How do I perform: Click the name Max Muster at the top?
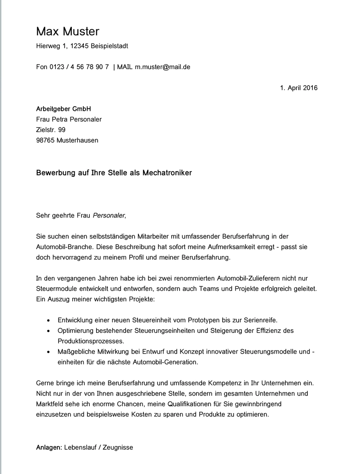(x=68, y=31)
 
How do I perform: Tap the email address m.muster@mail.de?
(x=162, y=67)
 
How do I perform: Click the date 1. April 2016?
(x=299, y=88)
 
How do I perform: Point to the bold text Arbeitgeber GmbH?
(x=64, y=109)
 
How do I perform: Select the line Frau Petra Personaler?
(x=69, y=120)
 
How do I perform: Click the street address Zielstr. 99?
(x=50, y=130)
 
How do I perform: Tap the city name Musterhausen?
(x=77, y=141)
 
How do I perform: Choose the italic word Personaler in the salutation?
(x=109, y=215)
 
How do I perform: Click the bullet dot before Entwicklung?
(x=49, y=320)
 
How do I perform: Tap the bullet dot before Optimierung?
(x=49, y=331)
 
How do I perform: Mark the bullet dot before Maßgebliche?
(x=49, y=352)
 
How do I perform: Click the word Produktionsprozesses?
(x=91, y=341)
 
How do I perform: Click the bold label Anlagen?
(x=49, y=447)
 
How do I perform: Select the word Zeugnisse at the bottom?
(x=118, y=447)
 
